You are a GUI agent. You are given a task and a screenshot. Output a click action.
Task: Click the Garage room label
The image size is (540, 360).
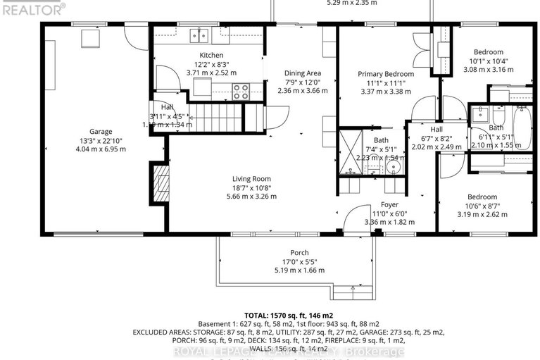point(100,131)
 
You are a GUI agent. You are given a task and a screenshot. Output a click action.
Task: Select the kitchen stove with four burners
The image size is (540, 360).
point(241,91)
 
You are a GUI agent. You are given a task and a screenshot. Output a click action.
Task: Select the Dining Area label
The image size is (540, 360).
point(303,73)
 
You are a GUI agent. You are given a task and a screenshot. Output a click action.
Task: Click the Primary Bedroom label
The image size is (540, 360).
point(385,74)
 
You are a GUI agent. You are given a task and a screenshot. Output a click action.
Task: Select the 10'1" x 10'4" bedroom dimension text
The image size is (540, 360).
point(488,61)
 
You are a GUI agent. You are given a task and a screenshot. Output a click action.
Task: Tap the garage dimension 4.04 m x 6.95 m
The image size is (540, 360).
point(100,149)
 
